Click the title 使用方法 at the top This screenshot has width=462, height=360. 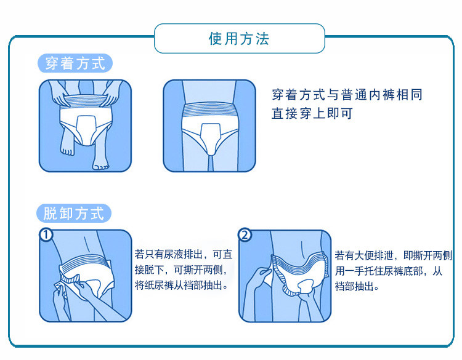click(239, 39)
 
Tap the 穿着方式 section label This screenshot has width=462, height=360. click(75, 63)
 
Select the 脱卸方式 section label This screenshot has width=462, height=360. click(75, 214)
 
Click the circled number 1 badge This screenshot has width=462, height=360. click(46, 236)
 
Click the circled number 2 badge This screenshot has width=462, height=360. click(245, 236)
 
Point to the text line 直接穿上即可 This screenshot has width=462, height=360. click(312, 114)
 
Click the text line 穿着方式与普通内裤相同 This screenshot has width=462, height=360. click(347, 95)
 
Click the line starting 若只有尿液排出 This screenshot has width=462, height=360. click(184, 254)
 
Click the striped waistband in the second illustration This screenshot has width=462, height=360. click(209, 112)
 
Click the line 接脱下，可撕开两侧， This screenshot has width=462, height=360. click(184, 270)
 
